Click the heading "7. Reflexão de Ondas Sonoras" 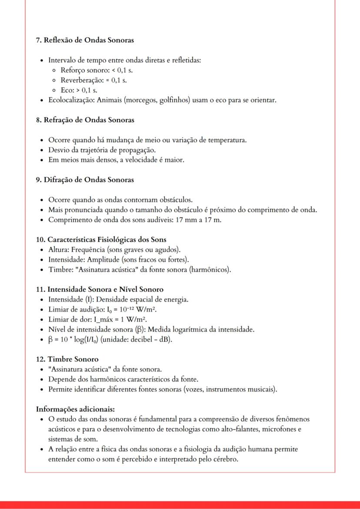[85, 40]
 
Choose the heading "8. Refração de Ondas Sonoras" [85, 120]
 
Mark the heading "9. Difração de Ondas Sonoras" [85, 180]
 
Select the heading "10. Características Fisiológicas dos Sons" [101, 240]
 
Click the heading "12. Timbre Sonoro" [67, 359]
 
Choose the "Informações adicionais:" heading [75, 409]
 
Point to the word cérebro [224, 459]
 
